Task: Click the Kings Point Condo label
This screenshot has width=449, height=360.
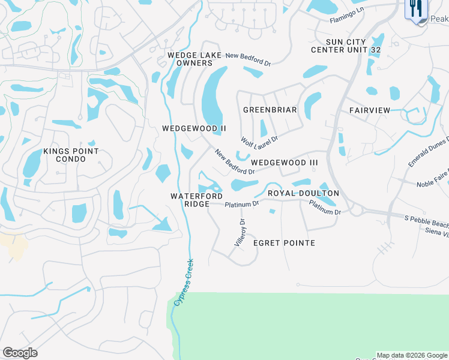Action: (x=71, y=155)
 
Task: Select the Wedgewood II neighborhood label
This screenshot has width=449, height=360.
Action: (x=194, y=128)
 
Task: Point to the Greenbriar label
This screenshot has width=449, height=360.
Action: (x=270, y=110)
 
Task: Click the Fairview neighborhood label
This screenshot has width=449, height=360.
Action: (x=370, y=110)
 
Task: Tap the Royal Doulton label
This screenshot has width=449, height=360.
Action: (x=303, y=193)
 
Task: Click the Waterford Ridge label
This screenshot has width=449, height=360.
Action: (x=197, y=200)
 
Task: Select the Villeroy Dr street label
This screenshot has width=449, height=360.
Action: (x=239, y=233)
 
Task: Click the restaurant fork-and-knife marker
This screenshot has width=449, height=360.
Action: (x=415, y=9)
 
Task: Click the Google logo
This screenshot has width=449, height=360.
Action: (x=20, y=353)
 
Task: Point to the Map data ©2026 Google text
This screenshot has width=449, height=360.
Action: (x=412, y=355)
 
